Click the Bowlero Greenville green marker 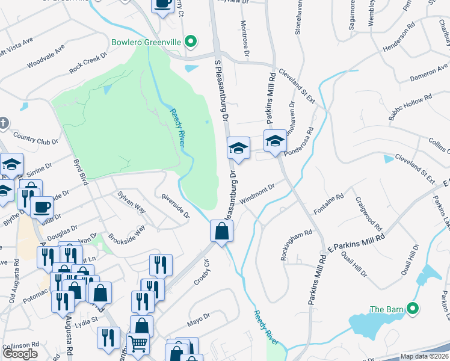click(x=191, y=42)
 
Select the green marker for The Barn click(x=412, y=309)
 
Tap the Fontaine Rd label click(x=328, y=205)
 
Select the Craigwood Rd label click(x=369, y=214)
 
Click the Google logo click(x=20, y=354)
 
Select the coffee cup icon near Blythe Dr click(x=42, y=207)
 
